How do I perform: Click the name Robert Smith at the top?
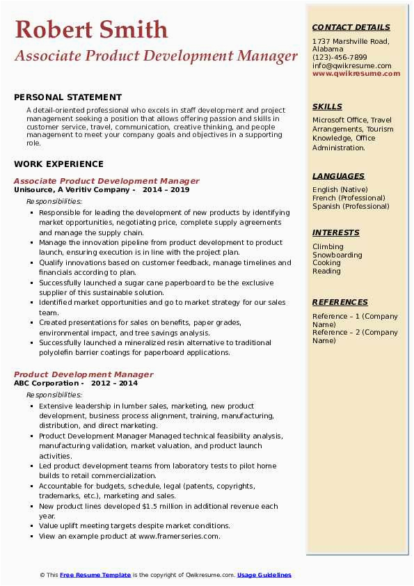tap(91, 29)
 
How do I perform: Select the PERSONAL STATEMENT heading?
tap(67, 97)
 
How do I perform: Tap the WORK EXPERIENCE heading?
tap(58, 164)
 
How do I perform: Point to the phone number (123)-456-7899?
tap(340, 58)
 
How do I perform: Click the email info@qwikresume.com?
tap(351, 66)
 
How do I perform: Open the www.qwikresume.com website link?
tap(356, 74)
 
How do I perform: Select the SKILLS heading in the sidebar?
tap(327, 106)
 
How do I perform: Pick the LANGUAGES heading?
tap(338, 176)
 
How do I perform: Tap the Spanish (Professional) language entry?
tap(351, 206)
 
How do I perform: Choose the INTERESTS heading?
tap(335, 232)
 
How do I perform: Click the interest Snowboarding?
tap(337, 255)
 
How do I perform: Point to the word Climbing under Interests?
tap(328, 246)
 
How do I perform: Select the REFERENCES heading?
tap(340, 302)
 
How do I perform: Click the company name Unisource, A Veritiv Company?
tap(72, 189)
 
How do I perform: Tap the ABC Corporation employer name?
tap(46, 383)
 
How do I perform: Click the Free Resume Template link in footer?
tap(95, 575)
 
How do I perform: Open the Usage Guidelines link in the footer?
tap(264, 575)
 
